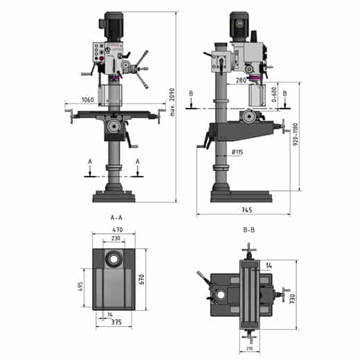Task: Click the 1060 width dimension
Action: tap(87, 100)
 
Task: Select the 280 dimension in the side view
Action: tap(241, 81)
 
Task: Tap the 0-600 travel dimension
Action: tap(274, 96)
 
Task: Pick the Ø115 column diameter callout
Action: tap(237, 152)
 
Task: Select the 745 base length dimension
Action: tap(246, 210)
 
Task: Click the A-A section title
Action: tap(117, 217)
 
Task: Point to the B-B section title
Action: tap(249, 229)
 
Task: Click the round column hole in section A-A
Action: tap(113, 259)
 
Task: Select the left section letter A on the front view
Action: tap(89, 161)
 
